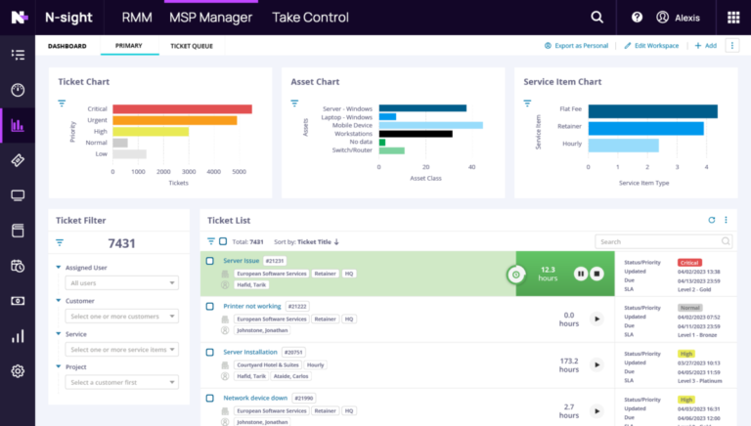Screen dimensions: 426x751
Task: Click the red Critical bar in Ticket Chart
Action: point(182,109)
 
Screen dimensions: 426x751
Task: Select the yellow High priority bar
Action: point(151,131)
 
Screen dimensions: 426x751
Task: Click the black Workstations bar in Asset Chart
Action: point(416,133)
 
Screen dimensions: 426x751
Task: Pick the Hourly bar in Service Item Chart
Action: point(623,146)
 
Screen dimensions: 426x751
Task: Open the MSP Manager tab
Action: point(210,18)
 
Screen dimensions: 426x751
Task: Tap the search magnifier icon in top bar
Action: point(596,18)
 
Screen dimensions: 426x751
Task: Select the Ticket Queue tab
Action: point(192,46)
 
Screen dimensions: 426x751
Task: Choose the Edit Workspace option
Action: point(653,46)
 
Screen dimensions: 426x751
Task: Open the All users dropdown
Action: point(122,283)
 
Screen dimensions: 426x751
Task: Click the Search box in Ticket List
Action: point(663,241)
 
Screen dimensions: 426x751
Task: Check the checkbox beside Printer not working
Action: point(210,306)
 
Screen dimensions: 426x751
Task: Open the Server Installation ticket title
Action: point(249,352)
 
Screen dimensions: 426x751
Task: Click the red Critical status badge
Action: point(689,262)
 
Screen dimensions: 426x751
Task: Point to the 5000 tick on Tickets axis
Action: point(239,171)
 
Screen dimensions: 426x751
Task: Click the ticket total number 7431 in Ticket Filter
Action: point(121,242)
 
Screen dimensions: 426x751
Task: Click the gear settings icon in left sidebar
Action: point(17,370)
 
